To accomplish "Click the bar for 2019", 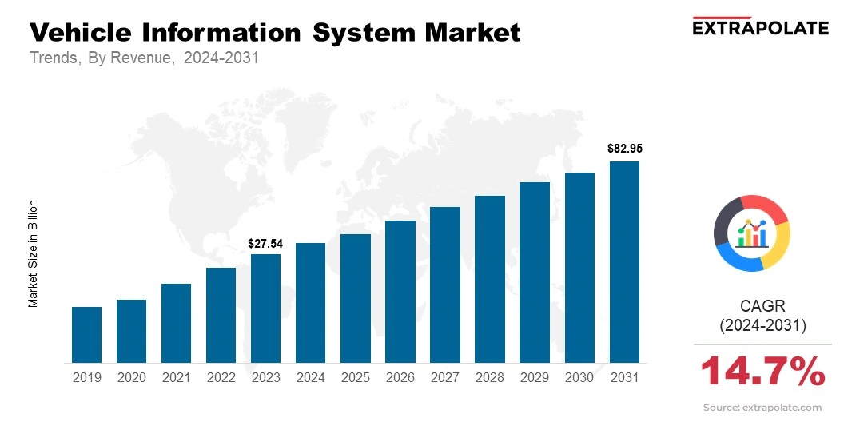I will pyautogui.click(x=86, y=335).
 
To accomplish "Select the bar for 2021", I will pyautogui.click(x=176, y=323).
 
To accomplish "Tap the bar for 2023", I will pyautogui.click(x=265, y=309).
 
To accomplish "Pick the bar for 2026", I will pyautogui.click(x=400, y=292).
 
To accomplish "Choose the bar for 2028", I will pyautogui.click(x=489, y=279).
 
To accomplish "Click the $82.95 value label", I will pyautogui.click(x=625, y=148).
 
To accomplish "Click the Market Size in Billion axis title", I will pyautogui.click(x=34, y=253).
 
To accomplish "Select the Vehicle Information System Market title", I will pyautogui.click(x=275, y=33).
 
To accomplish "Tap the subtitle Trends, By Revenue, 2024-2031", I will pyautogui.click(x=144, y=58).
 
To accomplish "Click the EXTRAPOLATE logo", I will pyautogui.click(x=759, y=27).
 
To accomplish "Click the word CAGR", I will pyautogui.click(x=762, y=305).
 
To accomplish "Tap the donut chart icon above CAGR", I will pyautogui.click(x=752, y=233).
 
